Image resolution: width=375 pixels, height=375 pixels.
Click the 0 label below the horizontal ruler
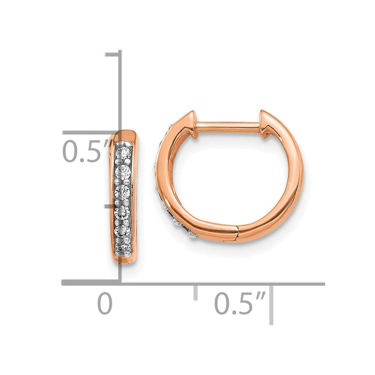[x=105, y=304]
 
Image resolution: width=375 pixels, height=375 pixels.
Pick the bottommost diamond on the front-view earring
[x=123, y=245]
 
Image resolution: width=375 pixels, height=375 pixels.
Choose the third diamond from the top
[x=123, y=191]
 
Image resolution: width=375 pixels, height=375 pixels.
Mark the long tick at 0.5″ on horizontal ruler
[x=272, y=303]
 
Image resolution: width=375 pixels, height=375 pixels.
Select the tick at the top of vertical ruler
[x=113, y=54]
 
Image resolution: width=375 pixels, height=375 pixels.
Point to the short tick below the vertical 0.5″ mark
[x=112, y=205]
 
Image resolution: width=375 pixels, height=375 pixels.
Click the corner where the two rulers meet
[x=119, y=283]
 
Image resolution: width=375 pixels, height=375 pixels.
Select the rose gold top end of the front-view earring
[x=126, y=137]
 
